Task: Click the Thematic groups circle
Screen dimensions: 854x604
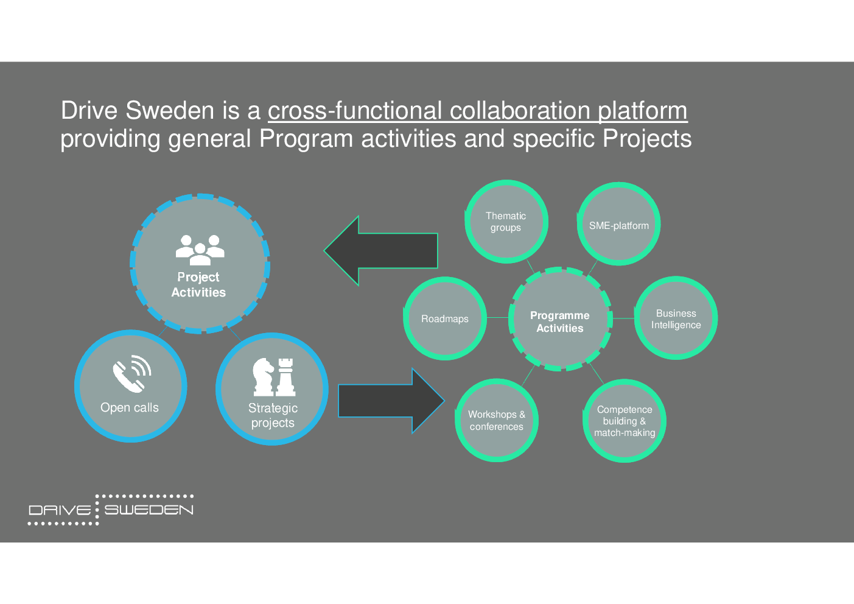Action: (x=506, y=222)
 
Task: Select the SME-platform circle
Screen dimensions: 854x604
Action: (x=619, y=224)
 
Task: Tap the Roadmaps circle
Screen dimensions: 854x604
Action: (x=445, y=318)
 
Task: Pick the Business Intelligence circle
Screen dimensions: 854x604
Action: (x=676, y=318)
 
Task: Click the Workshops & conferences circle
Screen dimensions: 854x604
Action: (x=496, y=420)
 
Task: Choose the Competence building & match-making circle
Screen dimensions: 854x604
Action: (x=625, y=421)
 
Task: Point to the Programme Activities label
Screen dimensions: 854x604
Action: (x=559, y=322)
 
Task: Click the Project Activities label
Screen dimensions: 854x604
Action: (x=198, y=284)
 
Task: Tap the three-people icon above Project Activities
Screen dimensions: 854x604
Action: (x=200, y=250)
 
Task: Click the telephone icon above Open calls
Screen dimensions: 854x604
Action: (x=132, y=374)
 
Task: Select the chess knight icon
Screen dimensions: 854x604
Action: (x=264, y=377)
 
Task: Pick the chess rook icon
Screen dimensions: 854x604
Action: (x=285, y=377)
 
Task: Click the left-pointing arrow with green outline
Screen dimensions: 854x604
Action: (x=381, y=250)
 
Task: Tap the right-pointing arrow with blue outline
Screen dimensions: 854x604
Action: (x=391, y=401)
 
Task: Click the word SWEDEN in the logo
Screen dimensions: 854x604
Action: (x=149, y=510)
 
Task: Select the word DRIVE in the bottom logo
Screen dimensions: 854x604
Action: (x=60, y=510)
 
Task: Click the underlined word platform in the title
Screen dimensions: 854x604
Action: (x=642, y=111)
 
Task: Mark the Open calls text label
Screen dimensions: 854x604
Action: (x=130, y=407)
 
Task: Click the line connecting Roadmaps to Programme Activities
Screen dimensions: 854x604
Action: (x=498, y=317)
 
